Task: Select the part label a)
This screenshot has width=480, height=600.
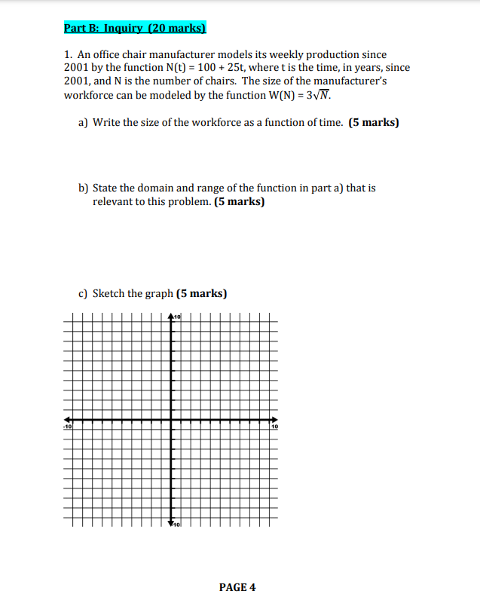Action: tap(84, 122)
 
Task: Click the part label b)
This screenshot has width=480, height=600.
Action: tap(84, 188)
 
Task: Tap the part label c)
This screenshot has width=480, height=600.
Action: tap(84, 293)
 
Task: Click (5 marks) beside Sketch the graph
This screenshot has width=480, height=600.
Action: tap(202, 293)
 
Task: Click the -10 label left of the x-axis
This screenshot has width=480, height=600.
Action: tap(67, 427)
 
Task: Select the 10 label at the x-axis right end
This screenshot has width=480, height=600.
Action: tap(274, 427)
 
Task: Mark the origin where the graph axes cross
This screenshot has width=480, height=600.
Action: tap(171, 420)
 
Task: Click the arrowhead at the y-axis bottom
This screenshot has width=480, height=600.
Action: tap(171, 522)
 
